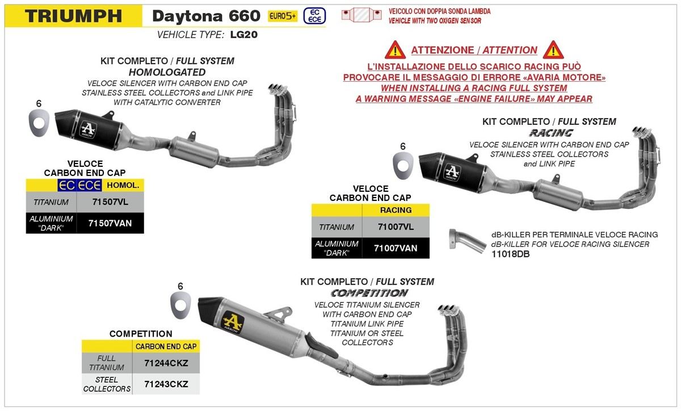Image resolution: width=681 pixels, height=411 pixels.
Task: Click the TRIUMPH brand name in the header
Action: (x=74, y=15)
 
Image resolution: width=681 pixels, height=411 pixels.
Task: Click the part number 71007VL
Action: (x=395, y=227)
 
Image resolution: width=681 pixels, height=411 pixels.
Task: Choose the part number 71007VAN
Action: (x=395, y=248)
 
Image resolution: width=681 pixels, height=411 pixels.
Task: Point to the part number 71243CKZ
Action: (x=166, y=384)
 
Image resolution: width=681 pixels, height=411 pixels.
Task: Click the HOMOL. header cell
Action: (x=122, y=184)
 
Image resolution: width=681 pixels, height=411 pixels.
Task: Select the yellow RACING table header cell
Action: (x=396, y=210)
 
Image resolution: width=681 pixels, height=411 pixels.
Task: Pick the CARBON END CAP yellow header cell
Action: (x=166, y=346)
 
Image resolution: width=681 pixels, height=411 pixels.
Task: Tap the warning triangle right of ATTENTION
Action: (x=552, y=50)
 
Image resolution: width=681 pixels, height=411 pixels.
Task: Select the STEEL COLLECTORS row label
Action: (x=107, y=384)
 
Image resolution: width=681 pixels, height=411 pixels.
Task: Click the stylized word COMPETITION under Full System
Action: (x=369, y=293)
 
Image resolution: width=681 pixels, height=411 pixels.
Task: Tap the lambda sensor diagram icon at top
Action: (x=361, y=15)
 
